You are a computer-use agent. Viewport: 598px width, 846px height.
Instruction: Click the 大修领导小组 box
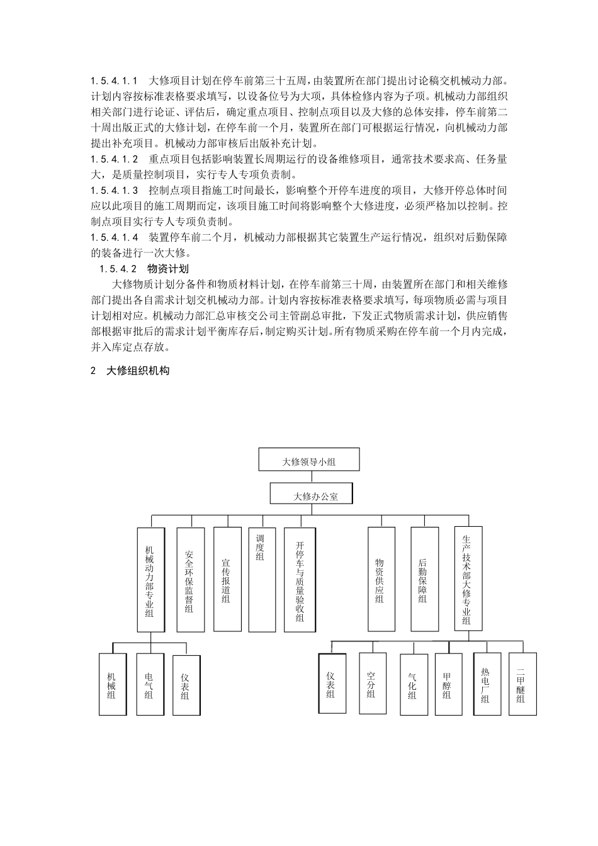(x=308, y=460)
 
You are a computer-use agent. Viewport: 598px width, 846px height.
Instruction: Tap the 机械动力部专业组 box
(x=151, y=579)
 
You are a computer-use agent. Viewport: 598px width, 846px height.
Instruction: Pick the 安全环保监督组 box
(x=190, y=579)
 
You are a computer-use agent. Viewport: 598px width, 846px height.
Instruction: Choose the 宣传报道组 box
(x=227, y=579)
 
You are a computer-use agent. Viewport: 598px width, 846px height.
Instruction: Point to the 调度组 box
(x=262, y=579)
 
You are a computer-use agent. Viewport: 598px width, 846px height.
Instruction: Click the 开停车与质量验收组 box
(x=300, y=579)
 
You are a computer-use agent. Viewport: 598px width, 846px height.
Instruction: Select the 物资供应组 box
(x=381, y=579)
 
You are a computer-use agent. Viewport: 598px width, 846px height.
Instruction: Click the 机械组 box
(x=113, y=684)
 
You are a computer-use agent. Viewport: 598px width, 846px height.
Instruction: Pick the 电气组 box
(x=150, y=684)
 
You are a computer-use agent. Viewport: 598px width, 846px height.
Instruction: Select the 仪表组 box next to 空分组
(x=332, y=684)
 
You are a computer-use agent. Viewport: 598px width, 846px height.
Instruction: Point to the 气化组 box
(x=413, y=684)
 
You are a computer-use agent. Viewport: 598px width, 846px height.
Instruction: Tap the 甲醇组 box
(x=448, y=684)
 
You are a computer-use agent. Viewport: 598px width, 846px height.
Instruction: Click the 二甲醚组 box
(x=522, y=684)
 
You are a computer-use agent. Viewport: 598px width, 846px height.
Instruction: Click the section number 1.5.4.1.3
(x=114, y=189)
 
